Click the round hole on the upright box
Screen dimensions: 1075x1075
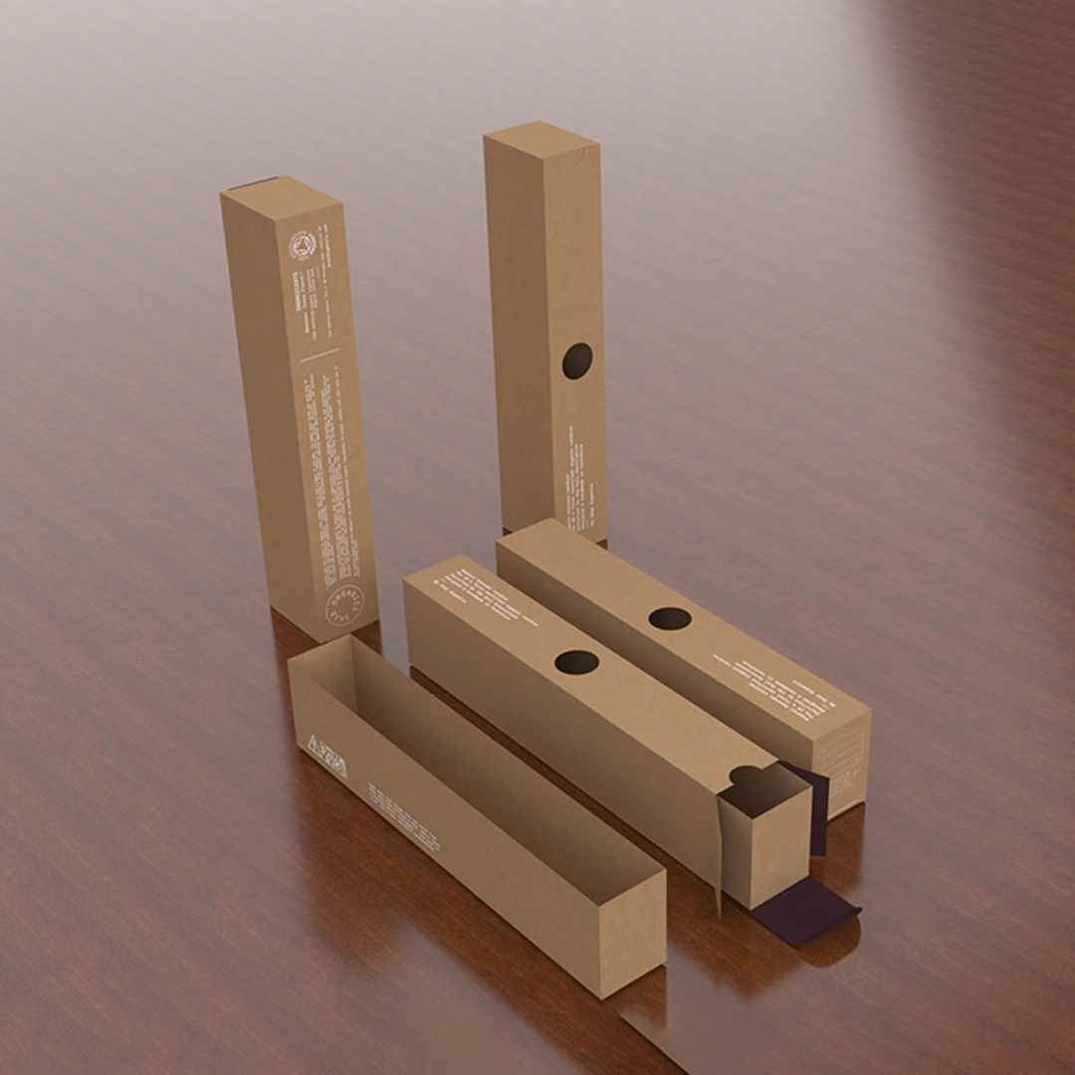[577, 360]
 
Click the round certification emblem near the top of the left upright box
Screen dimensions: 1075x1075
[303, 243]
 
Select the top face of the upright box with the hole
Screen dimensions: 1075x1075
[539, 131]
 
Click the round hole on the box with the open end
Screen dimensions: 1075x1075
[576, 662]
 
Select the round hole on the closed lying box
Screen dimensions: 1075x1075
[670, 618]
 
